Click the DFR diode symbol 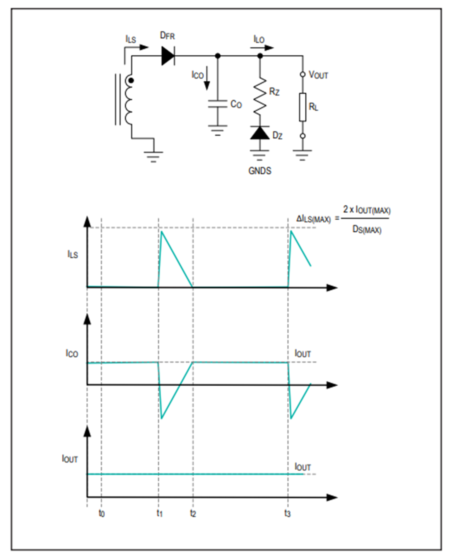[x=168, y=56]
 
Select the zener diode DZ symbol [x=259, y=132]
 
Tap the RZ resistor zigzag [x=260, y=96]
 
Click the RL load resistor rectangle [x=302, y=107]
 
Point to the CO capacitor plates [x=217, y=103]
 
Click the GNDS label [x=259, y=171]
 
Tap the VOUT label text [x=318, y=74]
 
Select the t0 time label [x=101, y=513]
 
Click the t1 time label [x=159, y=513]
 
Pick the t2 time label [x=193, y=513]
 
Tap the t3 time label [x=287, y=513]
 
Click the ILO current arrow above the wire [x=262, y=47]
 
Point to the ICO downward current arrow [x=206, y=78]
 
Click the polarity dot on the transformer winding [x=131, y=81]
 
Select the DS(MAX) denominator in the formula [x=367, y=229]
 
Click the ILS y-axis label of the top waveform [x=72, y=254]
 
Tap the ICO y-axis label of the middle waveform [x=71, y=353]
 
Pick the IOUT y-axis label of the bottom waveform [x=69, y=458]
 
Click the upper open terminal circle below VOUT [x=302, y=74]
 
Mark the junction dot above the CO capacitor [x=217, y=56]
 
